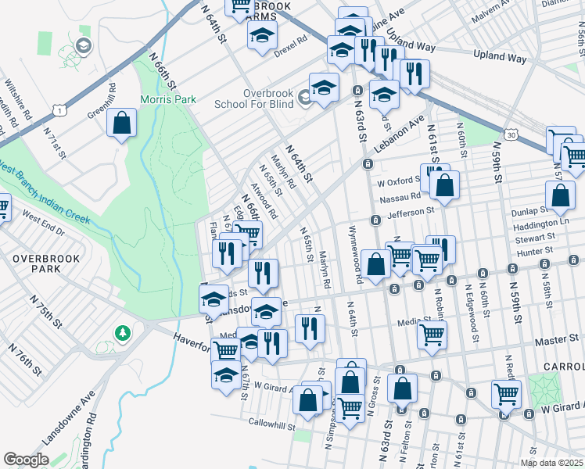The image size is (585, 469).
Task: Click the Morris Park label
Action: (x=167, y=100)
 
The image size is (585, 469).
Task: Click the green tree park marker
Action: (x=123, y=334)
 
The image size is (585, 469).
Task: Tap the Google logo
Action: (x=26, y=460)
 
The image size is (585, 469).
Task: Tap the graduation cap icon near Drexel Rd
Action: (x=262, y=34)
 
